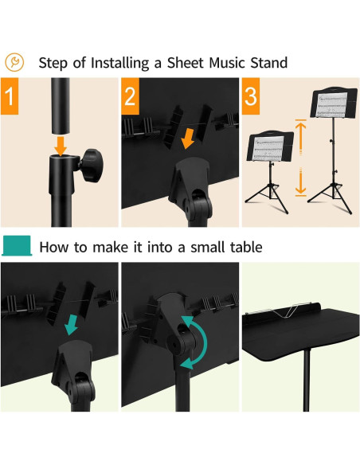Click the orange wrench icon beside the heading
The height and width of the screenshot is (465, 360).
click(14, 62)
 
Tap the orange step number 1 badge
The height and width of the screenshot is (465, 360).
click(10, 96)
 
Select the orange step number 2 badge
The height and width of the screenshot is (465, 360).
click(130, 96)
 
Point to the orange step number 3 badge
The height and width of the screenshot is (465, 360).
click(251, 96)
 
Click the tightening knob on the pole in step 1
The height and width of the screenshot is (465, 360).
click(92, 165)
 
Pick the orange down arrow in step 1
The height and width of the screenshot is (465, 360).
click(61, 146)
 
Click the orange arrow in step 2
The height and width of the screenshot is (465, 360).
click(188, 139)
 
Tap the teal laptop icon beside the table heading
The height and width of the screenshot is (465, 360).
click(17, 245)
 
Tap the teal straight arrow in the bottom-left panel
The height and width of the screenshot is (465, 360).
click(71, 325)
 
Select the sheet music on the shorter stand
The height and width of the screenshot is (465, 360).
click(268, 148)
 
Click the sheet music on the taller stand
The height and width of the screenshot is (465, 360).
click(331, 104)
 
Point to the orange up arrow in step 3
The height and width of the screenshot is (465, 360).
click(301, 136)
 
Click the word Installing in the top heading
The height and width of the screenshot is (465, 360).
click(119, 63)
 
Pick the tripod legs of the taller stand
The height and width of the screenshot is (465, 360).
click(330, 197)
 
